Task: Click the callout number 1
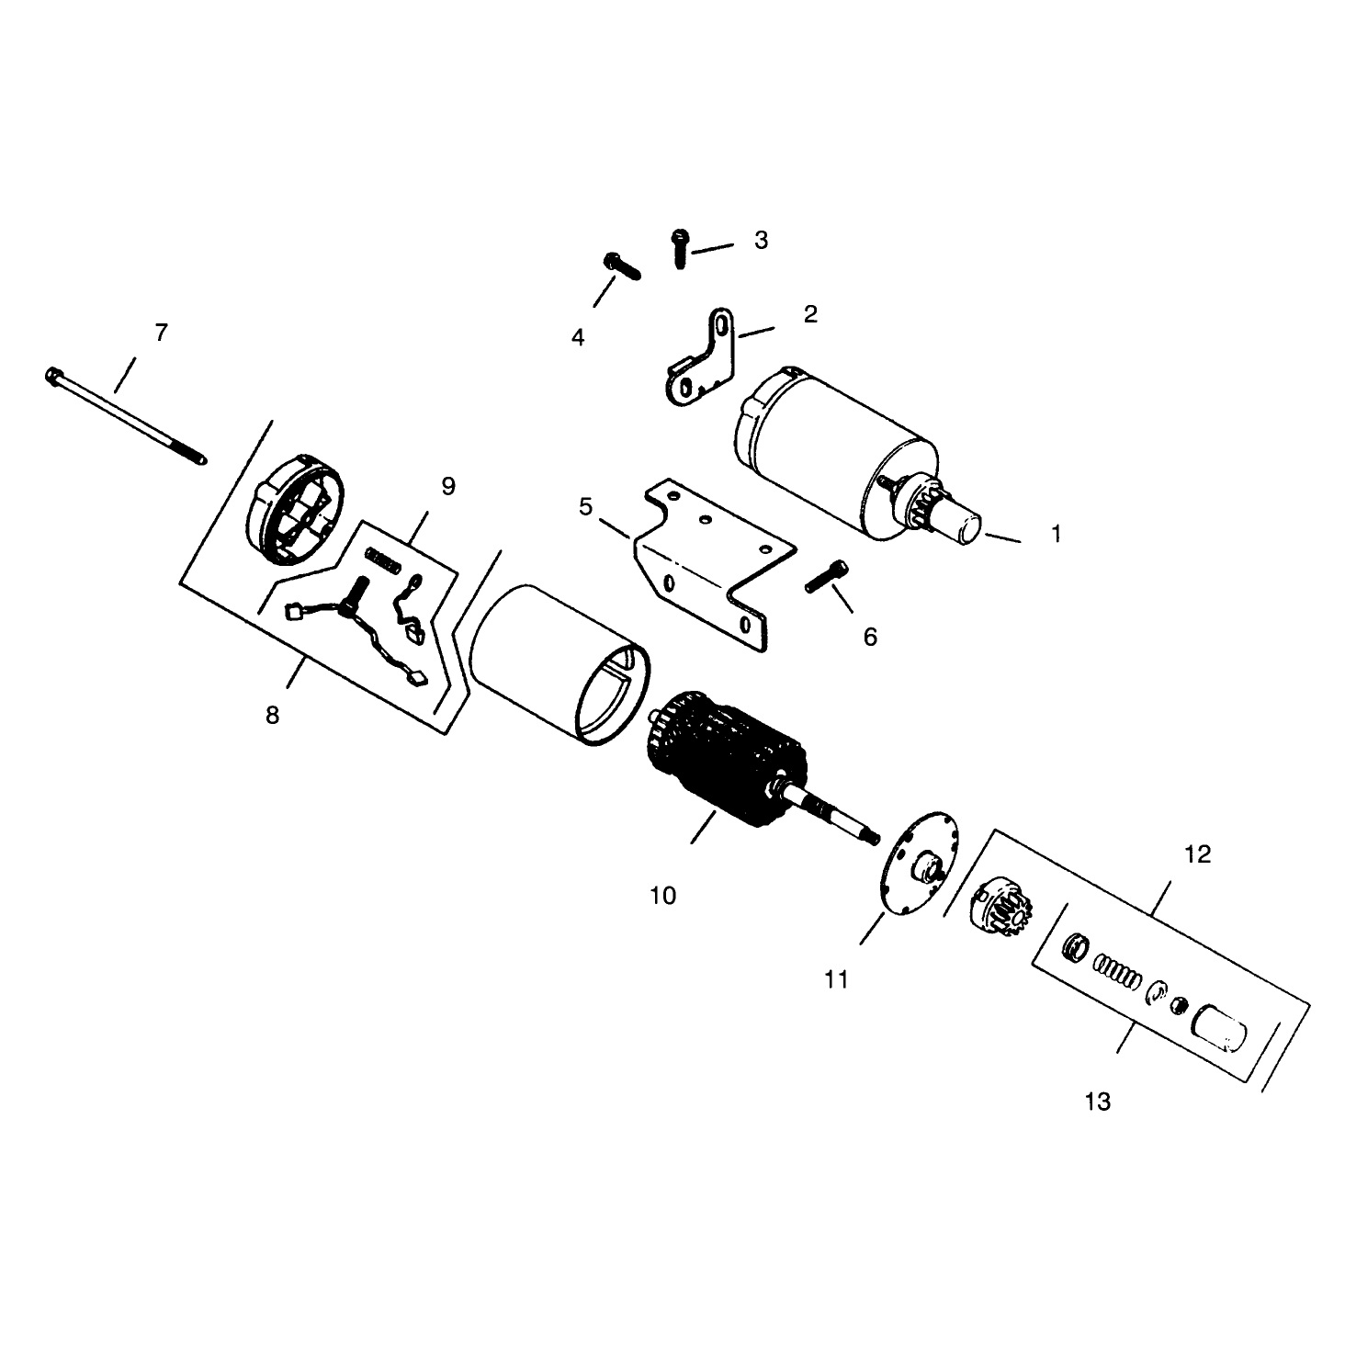point(1057,534)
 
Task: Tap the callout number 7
point(161,333)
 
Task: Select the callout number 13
point(1098,1102)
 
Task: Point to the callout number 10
point(663,896)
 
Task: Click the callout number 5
point(585,507)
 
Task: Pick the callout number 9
point(449,487)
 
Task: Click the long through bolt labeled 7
point(126,415)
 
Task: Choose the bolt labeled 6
point(827,577)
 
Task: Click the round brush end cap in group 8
point(295,509)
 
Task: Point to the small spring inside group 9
point(382,560)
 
